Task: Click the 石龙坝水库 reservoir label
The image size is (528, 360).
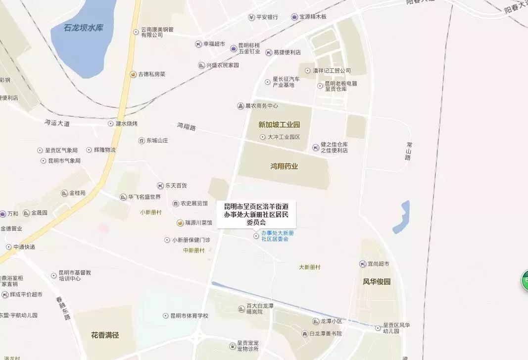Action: [x=84, y=28]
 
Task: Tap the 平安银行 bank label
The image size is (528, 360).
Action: [x=267, y=17]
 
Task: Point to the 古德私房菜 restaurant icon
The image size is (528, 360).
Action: [x=133, y=74]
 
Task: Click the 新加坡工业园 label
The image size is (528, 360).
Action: [x=279, y=125]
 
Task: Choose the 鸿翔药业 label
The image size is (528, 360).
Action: [x=284, y=166]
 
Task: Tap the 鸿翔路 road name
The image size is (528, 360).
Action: [x=187, y=127]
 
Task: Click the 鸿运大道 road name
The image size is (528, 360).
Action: [x=57, y=122]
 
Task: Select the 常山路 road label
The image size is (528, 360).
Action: [x=408, y=151]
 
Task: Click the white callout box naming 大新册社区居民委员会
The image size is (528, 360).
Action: [x=256, y=214]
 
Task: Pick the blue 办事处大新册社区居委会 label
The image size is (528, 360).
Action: [x=278, y=236]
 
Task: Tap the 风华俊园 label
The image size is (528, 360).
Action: [x=377, y=282]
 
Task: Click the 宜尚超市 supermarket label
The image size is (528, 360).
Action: [x=378, y=264]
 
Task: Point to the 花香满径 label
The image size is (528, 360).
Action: [x=105, y=335]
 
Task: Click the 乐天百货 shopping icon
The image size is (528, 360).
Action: [x=160, y=186]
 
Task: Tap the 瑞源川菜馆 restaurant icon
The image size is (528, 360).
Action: [x=181, y=223]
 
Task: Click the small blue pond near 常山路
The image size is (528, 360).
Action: [x=401, y=217]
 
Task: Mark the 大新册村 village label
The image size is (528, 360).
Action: [x=310, y=267]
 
